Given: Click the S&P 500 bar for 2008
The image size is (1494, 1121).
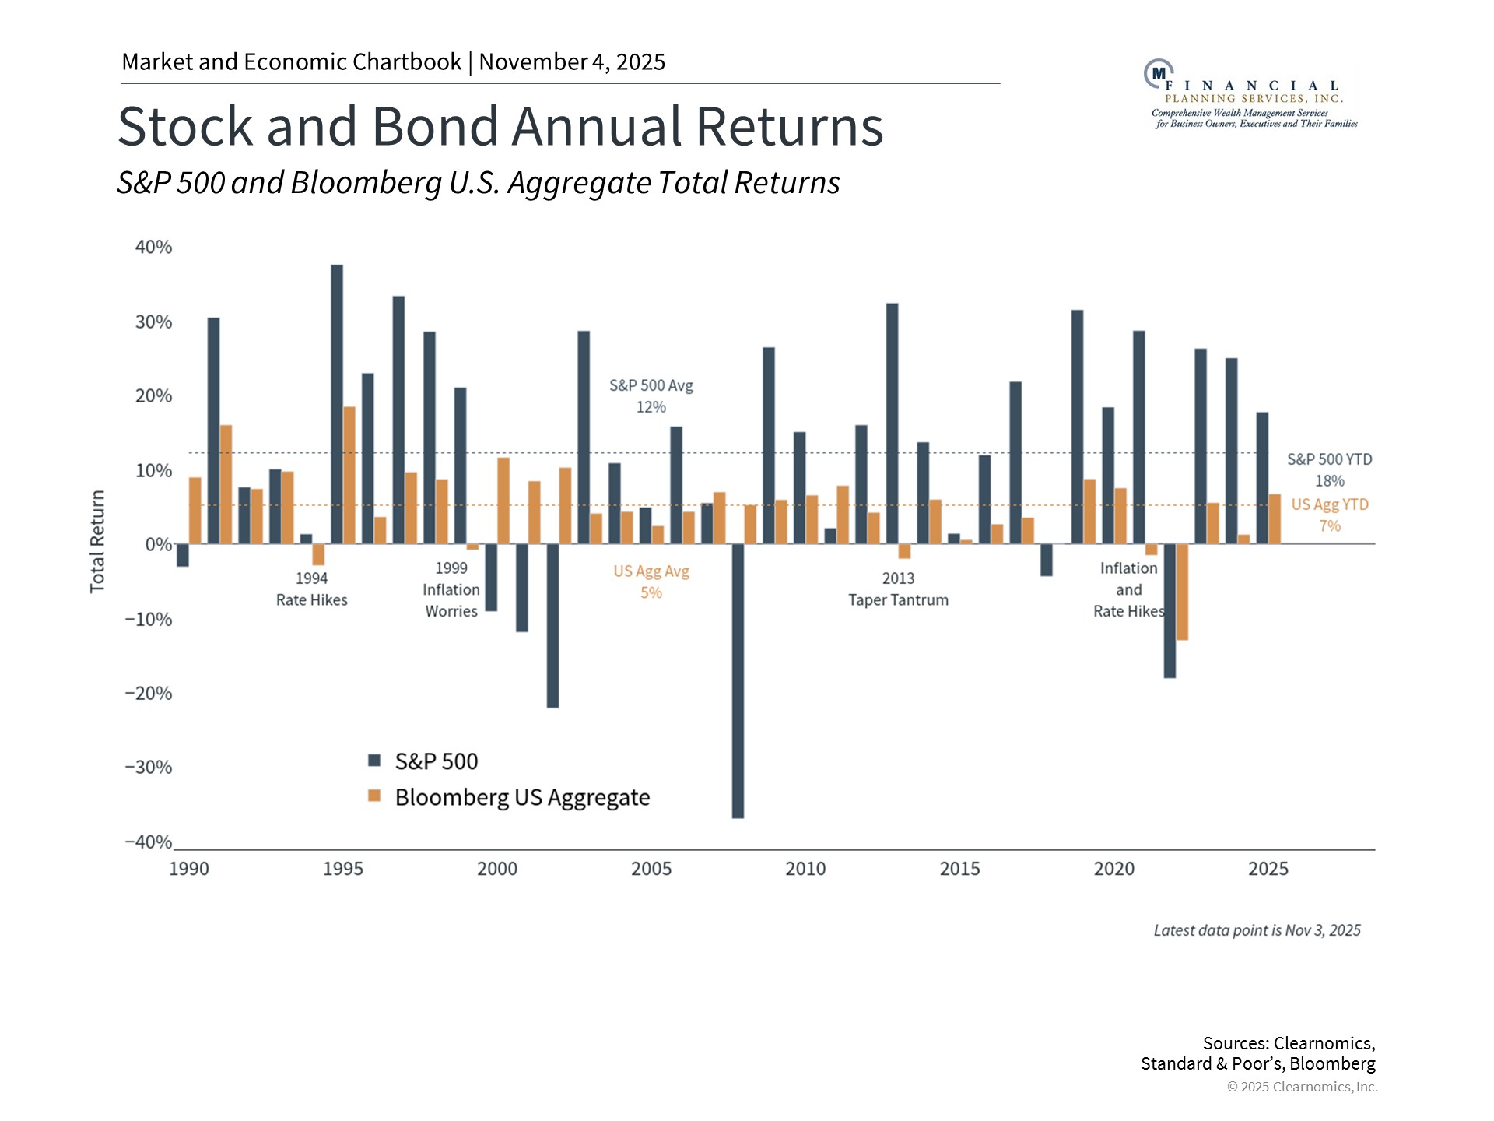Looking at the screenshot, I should tap(738, 681).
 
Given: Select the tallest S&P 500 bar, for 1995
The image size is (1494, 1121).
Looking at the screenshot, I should tap(337, 405).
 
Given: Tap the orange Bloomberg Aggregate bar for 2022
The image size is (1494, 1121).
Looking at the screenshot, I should tap(1182, 592).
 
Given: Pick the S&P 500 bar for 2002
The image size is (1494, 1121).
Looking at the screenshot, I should tap(552, 625).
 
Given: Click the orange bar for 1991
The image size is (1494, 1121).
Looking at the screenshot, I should tap(226, 484).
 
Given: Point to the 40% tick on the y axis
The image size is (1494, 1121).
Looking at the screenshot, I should tap(153, 248).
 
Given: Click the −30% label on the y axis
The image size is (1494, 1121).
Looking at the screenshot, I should tap(148, 768).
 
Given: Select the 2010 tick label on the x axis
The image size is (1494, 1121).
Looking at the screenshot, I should tap(805, 869).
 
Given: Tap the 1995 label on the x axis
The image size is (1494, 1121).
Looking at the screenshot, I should tap(342, 869).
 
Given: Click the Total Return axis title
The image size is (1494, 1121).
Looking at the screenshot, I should tap(97, 542).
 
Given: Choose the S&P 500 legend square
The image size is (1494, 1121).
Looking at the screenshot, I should tap(374, 760).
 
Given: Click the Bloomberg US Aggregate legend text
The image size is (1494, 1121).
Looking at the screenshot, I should tap(522, 798).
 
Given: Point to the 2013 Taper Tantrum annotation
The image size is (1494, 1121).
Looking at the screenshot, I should tap(898, 589).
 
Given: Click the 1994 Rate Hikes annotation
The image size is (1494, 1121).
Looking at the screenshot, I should tap(311, 589).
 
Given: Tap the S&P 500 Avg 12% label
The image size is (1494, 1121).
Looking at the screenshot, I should tap(651, 395).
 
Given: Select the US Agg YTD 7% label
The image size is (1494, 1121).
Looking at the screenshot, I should tap(1329, 515).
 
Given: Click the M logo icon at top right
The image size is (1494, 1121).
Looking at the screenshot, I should tap(1157, 73).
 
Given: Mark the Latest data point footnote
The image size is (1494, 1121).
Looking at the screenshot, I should tap(1257, 930).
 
